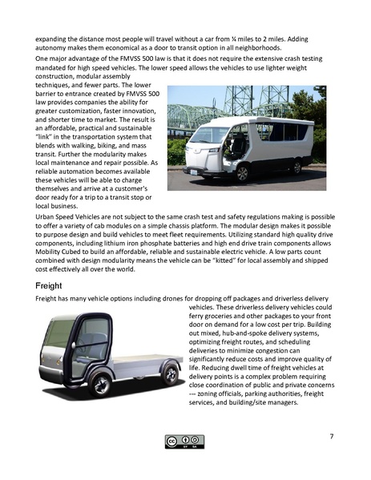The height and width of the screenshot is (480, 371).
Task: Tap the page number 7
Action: click(331, 436)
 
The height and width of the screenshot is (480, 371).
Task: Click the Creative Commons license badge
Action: click(185, 441)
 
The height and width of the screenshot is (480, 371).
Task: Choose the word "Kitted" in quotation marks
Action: click(232, 260)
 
